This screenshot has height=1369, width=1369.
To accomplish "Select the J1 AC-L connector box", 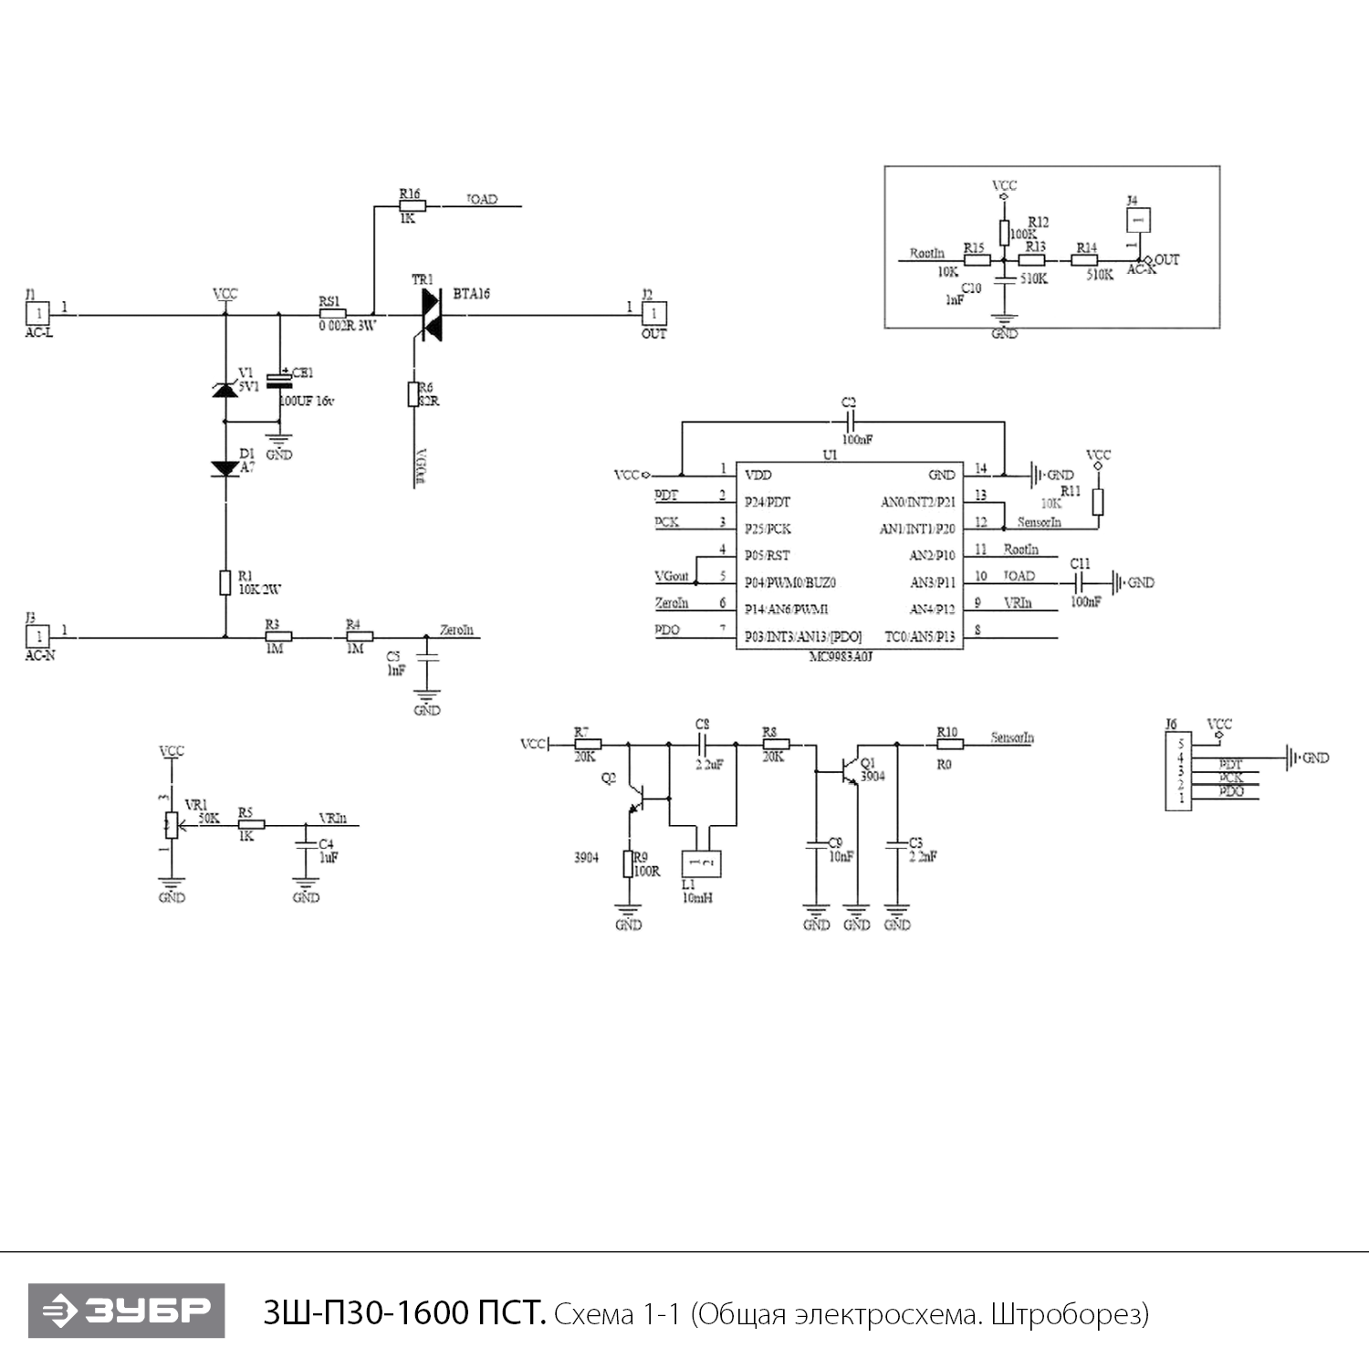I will coord(38,314).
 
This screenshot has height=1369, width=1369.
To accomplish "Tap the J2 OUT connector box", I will coord(653,314).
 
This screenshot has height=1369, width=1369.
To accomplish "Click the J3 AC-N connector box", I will coord(38,635).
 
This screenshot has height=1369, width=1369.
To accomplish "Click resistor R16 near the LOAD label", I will coord(413,206).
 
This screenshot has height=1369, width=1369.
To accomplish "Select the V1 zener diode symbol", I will coord(225,390).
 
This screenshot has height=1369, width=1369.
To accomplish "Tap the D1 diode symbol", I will coord(225,468).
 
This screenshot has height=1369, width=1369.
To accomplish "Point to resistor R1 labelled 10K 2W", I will coord(225,582).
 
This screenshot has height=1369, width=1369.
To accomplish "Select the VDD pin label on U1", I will coord(758,475).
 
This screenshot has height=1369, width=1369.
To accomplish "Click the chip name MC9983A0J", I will coord(841,656).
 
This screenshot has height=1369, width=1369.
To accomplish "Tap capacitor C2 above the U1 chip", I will coord(849,422).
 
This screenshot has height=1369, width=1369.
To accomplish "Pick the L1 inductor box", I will coord(701,863).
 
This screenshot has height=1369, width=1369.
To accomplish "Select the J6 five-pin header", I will coord(1178,771).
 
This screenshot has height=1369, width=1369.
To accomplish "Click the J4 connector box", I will coord(1137,220).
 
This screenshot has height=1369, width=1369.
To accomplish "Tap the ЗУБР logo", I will coord(126,1311).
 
